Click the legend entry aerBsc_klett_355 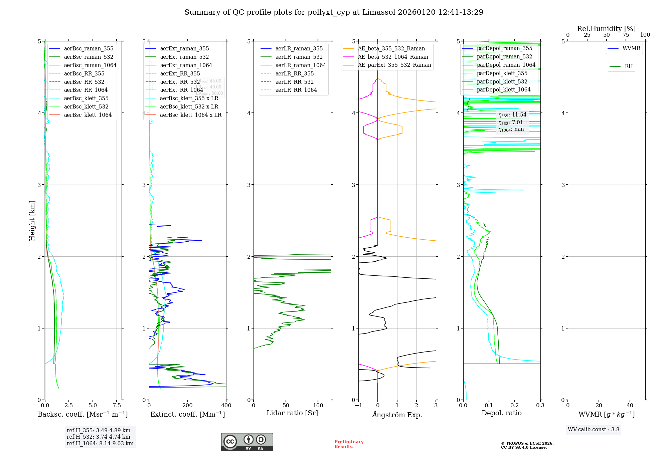(x=86, y=98)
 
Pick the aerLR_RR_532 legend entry (x=294, y=82)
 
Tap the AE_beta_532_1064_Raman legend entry (x=393, y=57)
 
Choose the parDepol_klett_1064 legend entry (x=503, y=89)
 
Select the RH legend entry (x=629, y=66)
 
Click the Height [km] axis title (x=32, y=220)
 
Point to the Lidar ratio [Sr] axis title (x=292, y=413)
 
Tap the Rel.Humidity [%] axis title (x=606, y=29)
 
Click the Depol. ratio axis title (x=501, y=413)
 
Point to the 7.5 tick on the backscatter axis (x=117, y=406)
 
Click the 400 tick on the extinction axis (x=226, y=406)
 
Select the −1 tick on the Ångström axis (x=358, y=406)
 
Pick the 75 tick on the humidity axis (x=626, y=35)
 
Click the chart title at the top (x=334, y=12)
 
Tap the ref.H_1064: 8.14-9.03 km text (x=100, y=443)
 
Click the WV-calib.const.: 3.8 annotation (x=593, y=430)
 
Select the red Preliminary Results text (x=349, y=444)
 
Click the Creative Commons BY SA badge (x=247, y=442)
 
